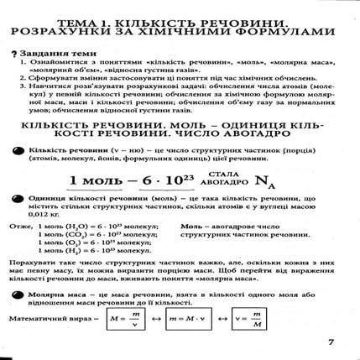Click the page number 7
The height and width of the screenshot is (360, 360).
pyautogui.click(x=331, y=342)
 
